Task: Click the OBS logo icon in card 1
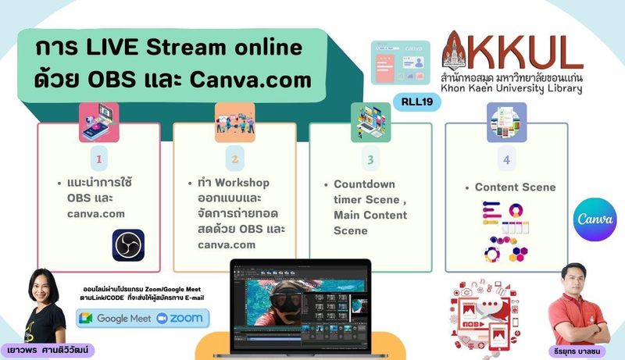(128, 245)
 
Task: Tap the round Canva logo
(595, 219)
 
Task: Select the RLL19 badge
(417, 102)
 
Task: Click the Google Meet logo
(115, 318)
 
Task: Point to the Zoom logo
(180, 318)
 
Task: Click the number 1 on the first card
(99, 159)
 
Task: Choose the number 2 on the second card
(235, 159)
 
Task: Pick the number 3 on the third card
(370, 159)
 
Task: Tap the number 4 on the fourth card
(506, 160)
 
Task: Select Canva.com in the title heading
(250, 80)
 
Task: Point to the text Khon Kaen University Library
(512, 88)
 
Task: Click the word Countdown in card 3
(364, 184)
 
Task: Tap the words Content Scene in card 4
(515, 187)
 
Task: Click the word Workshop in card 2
(242, 183)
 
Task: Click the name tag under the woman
(48, 351)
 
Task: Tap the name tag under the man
(577, 351)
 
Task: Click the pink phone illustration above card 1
(99, 123)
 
